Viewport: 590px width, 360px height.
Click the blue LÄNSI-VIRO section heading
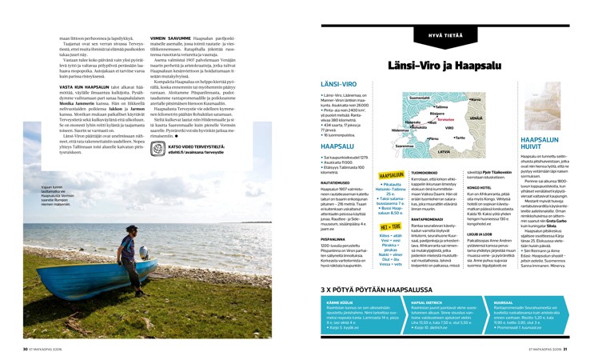click(x=338, y=83)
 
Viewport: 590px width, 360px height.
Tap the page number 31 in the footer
click(x=564, y=350)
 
